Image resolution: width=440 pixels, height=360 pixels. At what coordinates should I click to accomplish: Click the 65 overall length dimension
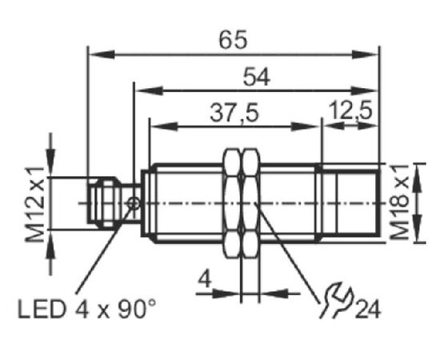[233, 39]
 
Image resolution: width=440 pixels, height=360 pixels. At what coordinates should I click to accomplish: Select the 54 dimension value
[257, 77]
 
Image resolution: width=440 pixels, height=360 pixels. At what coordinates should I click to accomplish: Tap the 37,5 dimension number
[234, 113]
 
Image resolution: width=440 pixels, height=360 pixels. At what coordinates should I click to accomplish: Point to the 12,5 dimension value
[350, 111]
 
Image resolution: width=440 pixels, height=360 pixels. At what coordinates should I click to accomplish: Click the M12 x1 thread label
[35, 204]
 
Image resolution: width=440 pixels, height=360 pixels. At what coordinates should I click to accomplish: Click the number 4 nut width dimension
[205, 279]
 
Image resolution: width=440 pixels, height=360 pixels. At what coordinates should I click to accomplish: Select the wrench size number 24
[368, 310]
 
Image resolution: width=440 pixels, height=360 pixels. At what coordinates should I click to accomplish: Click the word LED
[42, 310]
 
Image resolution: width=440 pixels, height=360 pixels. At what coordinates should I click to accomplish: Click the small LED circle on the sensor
[133, 203]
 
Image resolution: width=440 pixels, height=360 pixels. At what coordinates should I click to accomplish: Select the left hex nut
[232, 203]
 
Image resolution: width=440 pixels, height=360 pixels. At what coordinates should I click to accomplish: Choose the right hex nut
[251, 203]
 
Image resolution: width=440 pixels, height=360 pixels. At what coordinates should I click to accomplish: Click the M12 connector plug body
[102, 203]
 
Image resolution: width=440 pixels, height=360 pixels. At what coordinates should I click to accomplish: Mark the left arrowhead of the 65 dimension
[102, 54]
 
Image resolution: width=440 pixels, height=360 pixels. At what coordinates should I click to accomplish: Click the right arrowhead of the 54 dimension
[364, 90]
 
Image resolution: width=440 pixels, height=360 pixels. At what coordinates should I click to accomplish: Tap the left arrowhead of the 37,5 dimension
[165, 126]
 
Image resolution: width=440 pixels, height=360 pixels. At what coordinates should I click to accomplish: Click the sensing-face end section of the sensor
[350, 202]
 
